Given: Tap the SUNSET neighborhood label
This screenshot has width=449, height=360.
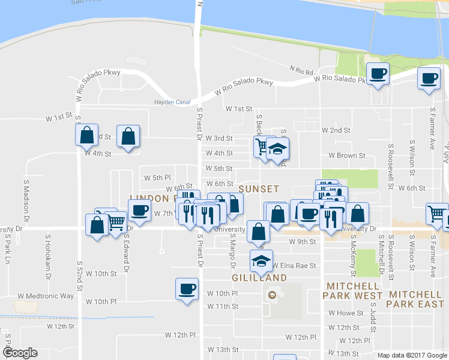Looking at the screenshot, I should [x=259, y=188].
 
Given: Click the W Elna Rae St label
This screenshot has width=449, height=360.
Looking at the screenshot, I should [x=294, y=265].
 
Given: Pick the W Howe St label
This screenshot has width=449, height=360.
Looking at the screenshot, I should [x=346, y=313].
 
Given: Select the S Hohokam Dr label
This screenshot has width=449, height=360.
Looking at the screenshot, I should [x=48, y=251].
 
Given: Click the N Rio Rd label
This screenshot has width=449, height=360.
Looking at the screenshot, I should [x=301, y=71].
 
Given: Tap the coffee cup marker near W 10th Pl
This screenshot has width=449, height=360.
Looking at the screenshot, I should [x=187, y=289].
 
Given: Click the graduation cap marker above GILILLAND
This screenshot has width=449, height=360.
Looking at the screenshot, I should [x=261, y=261].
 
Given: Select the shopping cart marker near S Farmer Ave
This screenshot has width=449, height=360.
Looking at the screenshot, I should [x=436, y=214].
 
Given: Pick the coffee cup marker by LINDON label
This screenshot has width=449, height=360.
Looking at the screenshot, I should [x=139, y=211].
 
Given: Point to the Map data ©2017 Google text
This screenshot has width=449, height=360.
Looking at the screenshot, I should [x=412, y=355].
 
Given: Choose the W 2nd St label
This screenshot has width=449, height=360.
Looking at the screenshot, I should [x=336, y=130].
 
